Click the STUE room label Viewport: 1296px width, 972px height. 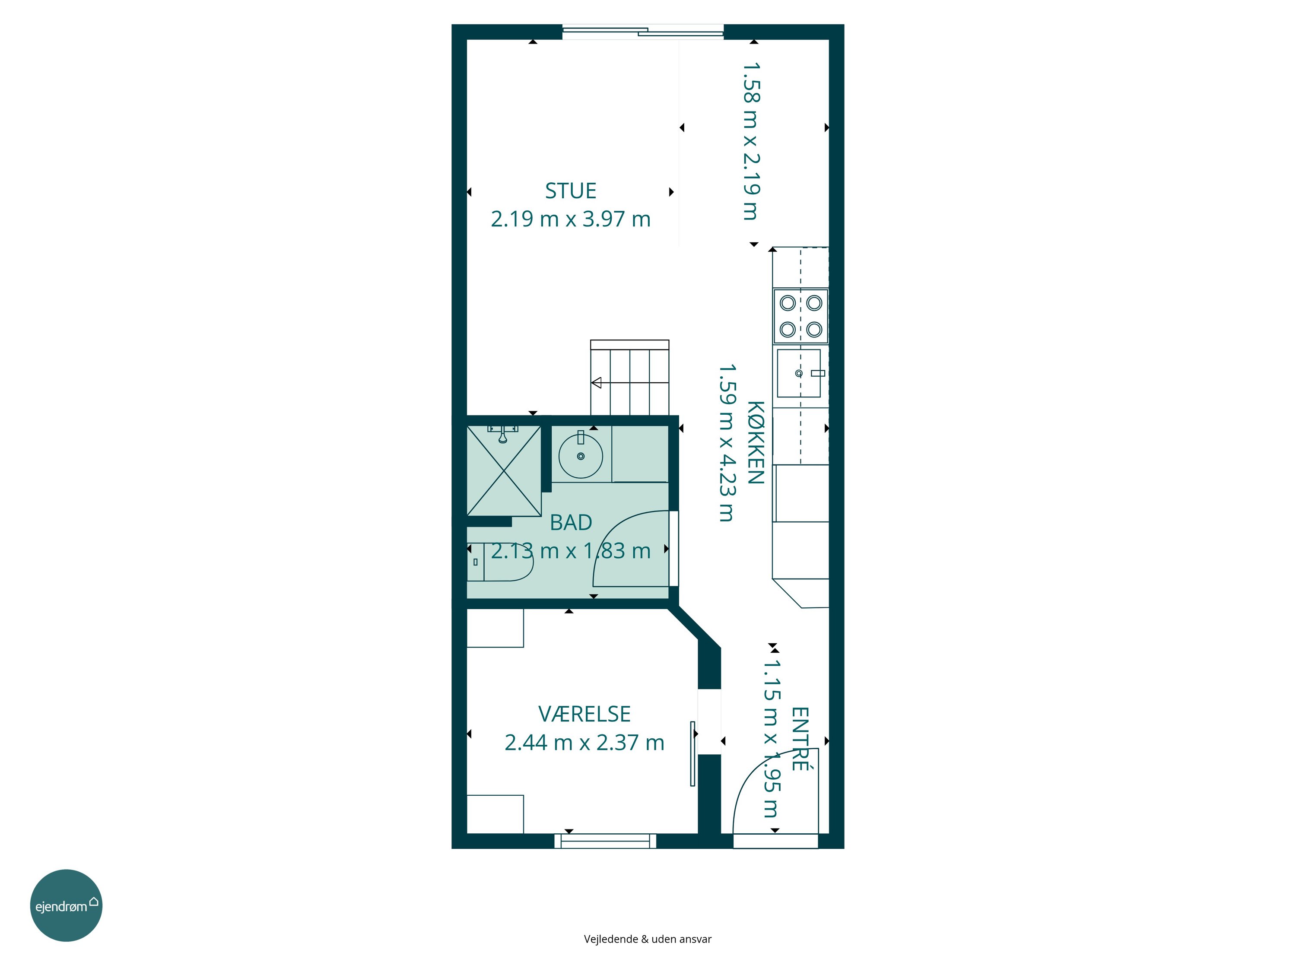coord(571,191)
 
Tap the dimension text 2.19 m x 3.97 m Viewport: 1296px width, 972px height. coord(571,219)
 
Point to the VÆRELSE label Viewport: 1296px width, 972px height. coord(584,714)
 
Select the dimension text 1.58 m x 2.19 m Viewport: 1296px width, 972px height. coord(751,141)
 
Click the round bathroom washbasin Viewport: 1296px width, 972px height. coord(581,456)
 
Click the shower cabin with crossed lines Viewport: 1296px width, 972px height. coord(504,471)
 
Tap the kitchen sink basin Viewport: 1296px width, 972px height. coord(799,373)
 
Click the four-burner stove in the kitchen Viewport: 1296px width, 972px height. coord(801,316)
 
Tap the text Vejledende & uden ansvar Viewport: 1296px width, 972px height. coord(648,939)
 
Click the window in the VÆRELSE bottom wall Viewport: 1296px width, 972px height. coord(605,841)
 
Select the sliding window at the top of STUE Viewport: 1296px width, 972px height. coord(643,32)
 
